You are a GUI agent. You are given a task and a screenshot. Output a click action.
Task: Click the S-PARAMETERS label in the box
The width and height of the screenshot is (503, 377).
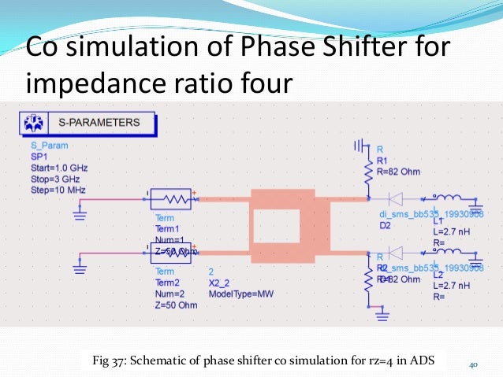click(x=99, y=123)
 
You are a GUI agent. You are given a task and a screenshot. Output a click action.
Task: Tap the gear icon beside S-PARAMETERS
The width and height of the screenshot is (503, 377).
click(x=35, y=124)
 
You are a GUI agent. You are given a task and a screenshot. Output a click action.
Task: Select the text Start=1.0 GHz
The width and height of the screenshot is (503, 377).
click(x=59, y=168)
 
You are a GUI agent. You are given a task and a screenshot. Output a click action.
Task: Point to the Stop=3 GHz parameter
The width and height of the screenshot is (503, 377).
click(x=54, y=179)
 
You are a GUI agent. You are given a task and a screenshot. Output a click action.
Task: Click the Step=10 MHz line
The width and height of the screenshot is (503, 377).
click(x=57, y=190)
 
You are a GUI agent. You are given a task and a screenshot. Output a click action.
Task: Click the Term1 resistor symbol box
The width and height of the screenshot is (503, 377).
click(x=173, y=200)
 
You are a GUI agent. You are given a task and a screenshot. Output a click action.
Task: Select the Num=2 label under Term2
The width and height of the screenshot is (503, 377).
click(x=170, y=293)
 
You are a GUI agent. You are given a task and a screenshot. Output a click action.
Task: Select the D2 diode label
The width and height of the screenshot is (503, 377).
click(x=385, y=225)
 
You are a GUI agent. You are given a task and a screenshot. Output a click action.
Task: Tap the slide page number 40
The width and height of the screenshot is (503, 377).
click(x=474, y=364)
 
